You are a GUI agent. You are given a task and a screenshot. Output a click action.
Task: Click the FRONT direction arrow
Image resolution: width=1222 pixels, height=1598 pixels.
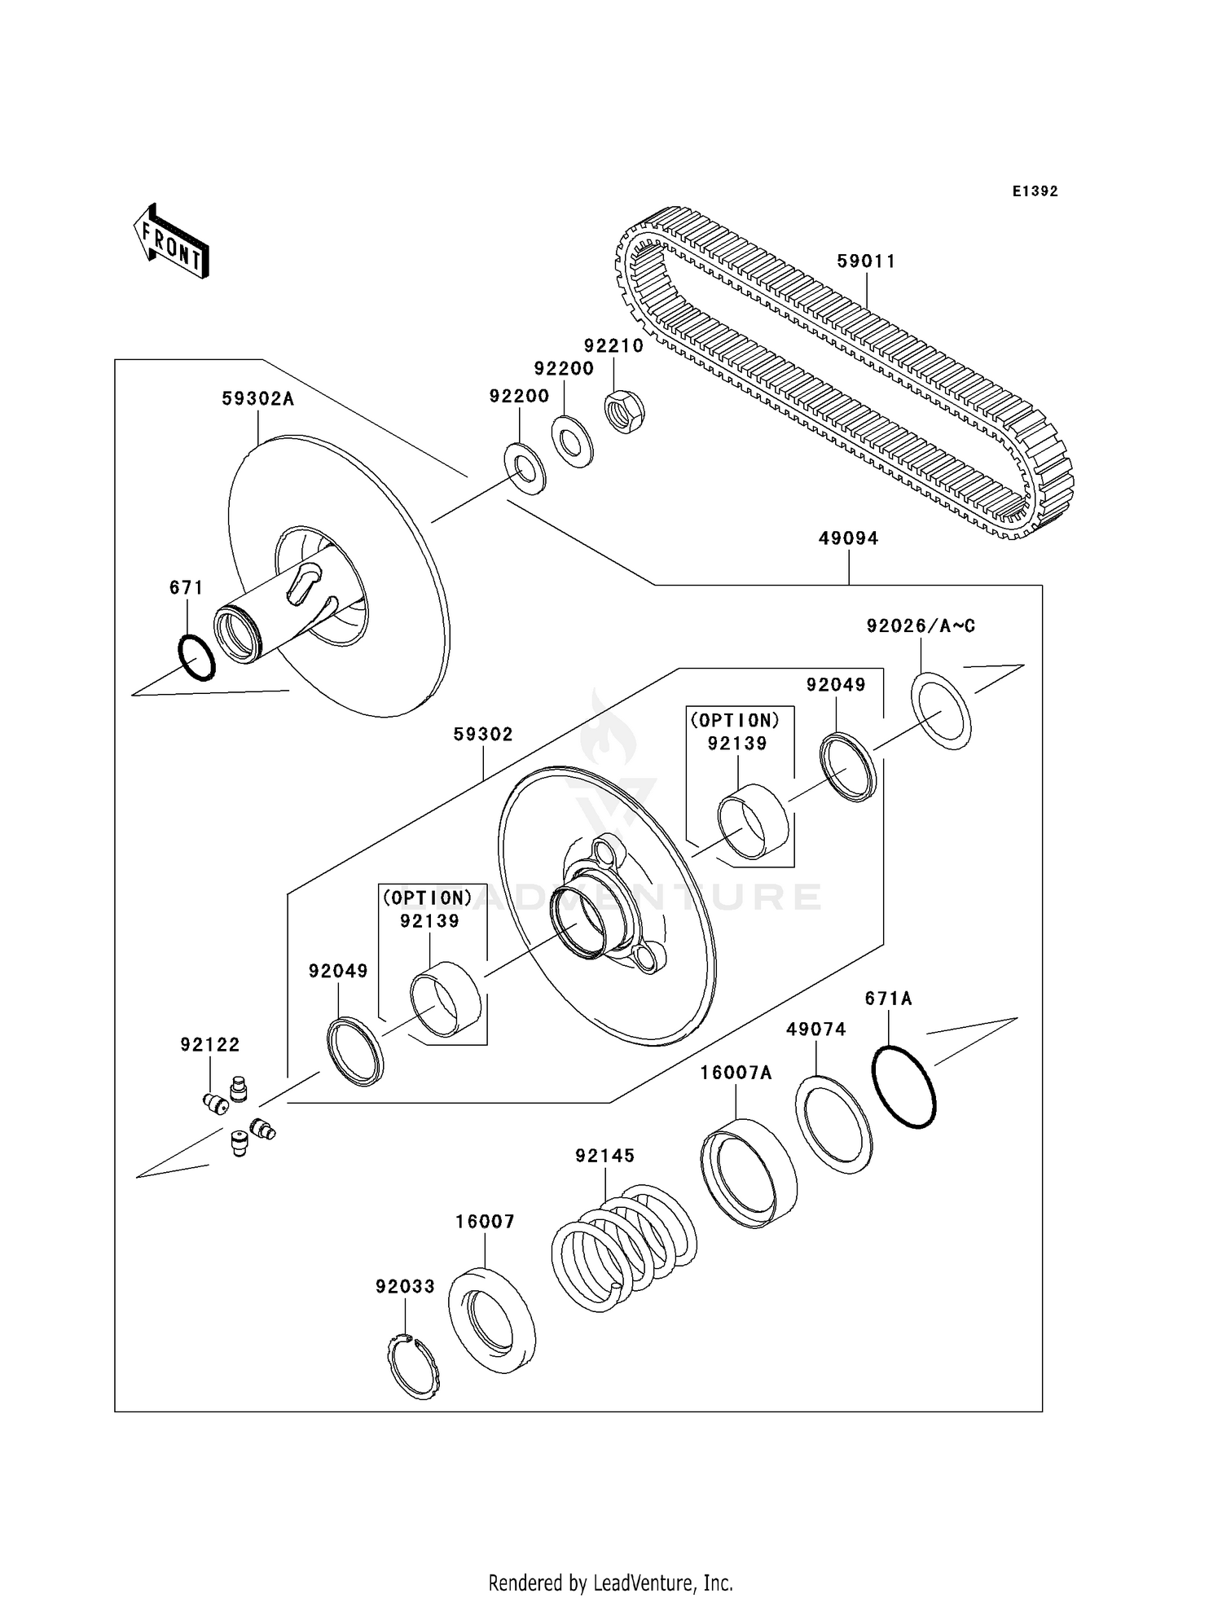(172, 242)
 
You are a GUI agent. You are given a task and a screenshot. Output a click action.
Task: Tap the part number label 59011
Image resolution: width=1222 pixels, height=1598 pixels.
(866, 261)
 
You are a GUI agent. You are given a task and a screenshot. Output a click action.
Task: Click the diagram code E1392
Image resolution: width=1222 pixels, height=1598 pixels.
(1035, 191)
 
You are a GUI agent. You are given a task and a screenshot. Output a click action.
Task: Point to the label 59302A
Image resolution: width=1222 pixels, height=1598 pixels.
(257, 399)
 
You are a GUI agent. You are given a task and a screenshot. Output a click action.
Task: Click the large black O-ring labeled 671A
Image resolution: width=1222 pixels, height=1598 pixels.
(903, 1086)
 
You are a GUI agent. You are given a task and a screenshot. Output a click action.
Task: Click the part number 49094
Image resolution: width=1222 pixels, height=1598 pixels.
(848, 538)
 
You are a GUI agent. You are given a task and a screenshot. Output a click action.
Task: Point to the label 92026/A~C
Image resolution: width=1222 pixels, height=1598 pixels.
(921, 626)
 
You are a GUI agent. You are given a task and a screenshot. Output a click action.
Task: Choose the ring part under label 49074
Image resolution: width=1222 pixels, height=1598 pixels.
(833, 1124)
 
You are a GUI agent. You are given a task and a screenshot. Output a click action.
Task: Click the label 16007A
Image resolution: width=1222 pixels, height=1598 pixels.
(736, 1073)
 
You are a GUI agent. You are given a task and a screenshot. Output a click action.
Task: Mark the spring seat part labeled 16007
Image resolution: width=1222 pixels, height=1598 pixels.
(492, 1319)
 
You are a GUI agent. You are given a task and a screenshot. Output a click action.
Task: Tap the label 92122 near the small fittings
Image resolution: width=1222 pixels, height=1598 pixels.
(210, 1044)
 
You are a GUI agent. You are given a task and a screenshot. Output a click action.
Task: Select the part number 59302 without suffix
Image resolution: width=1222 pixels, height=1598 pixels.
(483, 735)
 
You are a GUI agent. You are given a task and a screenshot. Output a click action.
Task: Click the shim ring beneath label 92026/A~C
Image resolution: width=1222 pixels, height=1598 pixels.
(941, 710)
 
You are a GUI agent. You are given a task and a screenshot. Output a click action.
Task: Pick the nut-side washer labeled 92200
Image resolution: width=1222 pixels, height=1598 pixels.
(573, 441)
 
